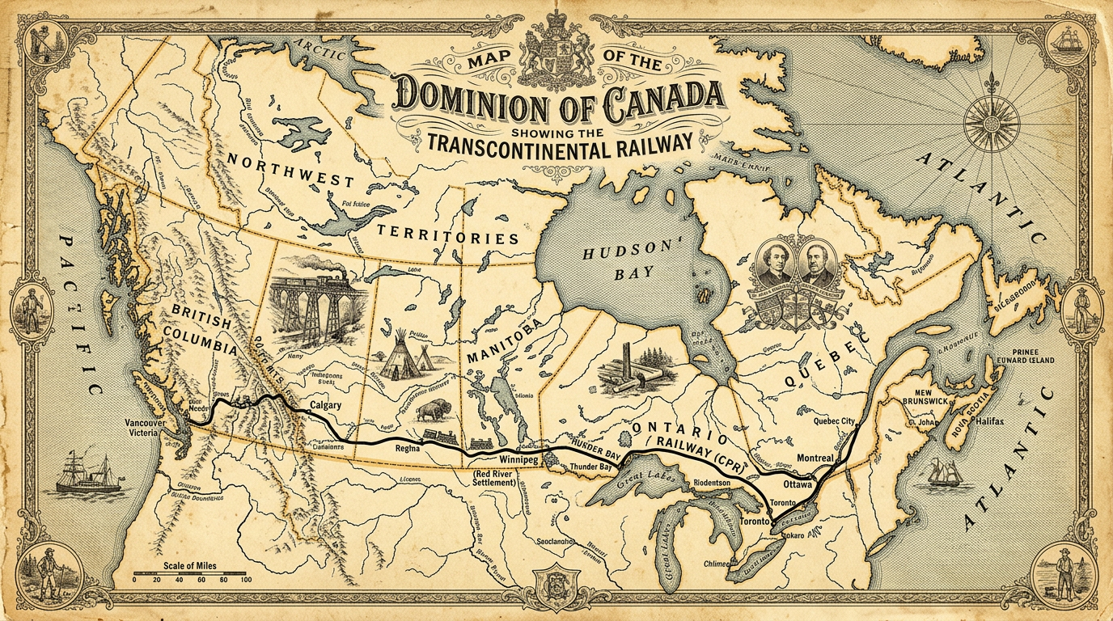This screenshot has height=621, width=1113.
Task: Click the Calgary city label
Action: [325, 405]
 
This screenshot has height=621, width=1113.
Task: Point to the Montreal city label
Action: [815, 458]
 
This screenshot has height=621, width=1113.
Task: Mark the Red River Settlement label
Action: [493, 477]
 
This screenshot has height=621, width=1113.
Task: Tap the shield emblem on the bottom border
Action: [556, 585]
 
